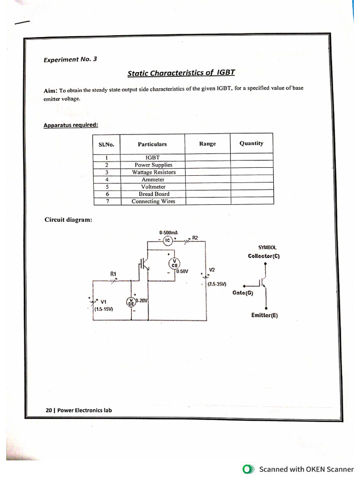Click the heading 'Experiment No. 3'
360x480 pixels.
[x=70, y=60]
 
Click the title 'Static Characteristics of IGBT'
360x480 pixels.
[x=181, y=73]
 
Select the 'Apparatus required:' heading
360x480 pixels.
[x=71, y=125]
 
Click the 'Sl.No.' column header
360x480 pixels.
[x=106, y=144]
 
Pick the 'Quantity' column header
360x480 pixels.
[x=251, y=143]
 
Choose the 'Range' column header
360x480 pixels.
[x=207, y=144]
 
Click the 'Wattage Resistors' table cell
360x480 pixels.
[x=153, y=172]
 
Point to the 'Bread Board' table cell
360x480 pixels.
[x=154, y=194]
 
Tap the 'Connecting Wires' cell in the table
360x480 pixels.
[x=153, y=201]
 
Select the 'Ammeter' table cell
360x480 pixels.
[x=153, y=180]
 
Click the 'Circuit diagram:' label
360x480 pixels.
[x=68, y=219]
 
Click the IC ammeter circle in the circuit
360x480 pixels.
[x=167, y=240]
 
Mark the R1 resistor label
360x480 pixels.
[x=113, y=273]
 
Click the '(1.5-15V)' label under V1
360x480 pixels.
[x=103, y=309]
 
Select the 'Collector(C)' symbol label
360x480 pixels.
[x=264, y=256]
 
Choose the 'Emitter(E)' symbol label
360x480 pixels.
[x=264, y=315]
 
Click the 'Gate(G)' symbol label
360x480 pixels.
[x=242, y=293]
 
